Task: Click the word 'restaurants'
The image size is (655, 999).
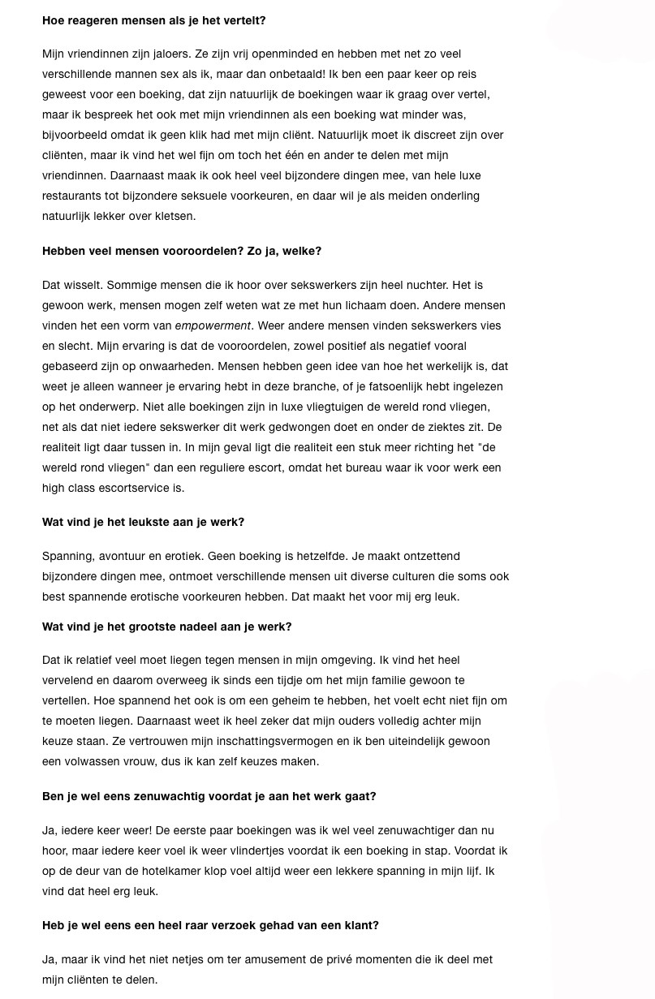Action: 71,196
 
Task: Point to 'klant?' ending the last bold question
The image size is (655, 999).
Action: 360,925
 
